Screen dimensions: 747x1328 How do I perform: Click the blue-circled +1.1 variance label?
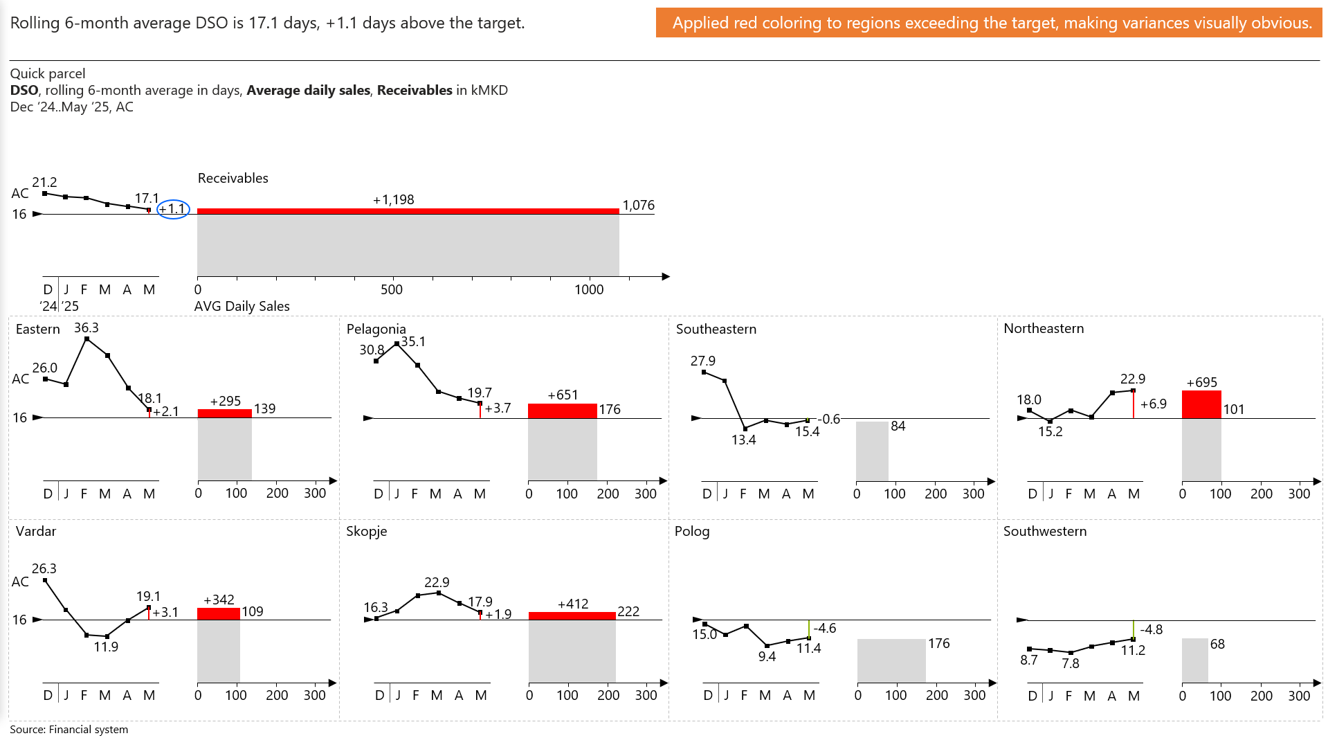[173, 208]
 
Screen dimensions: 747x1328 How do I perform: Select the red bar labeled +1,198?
[408, 211]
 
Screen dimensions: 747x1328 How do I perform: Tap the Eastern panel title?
[38, 329]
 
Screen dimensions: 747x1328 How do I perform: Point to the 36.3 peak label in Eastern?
[87, 327]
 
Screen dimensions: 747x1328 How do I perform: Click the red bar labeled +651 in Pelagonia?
[562, 411]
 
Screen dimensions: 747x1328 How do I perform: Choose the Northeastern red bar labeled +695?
[1201, 404]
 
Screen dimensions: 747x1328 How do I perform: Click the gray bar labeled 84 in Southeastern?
[872, 451]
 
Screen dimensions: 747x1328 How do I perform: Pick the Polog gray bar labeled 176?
[891, 660]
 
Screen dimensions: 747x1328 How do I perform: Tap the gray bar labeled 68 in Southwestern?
[1194, 660]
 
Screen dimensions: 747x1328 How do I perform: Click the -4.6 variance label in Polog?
[825, 628]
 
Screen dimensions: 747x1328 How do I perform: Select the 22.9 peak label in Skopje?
[437, 582]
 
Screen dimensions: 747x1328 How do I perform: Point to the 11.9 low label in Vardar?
[106, 647]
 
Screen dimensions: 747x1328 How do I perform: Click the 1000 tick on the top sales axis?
[589, 289]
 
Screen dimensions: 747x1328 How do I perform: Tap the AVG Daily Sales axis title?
[242, 306]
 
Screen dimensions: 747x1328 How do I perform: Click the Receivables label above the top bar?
[233, 178]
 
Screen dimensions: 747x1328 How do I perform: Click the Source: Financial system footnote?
[69, 729]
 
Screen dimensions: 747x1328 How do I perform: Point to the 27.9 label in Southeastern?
[702, 361]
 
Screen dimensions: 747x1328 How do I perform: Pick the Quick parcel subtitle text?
[48, 73]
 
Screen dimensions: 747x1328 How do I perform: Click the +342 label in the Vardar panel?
[219, 600]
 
